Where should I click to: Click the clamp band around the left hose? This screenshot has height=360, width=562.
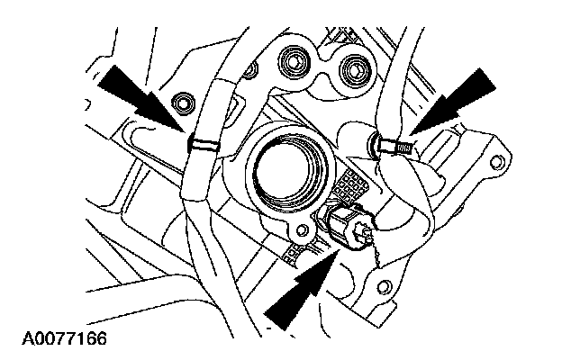pos(204,141)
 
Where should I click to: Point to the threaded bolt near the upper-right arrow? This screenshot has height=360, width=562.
pos(393,141)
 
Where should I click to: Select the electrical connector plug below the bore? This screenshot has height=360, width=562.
pos(346,225)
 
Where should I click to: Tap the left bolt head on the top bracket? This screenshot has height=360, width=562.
pos(292,64)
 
